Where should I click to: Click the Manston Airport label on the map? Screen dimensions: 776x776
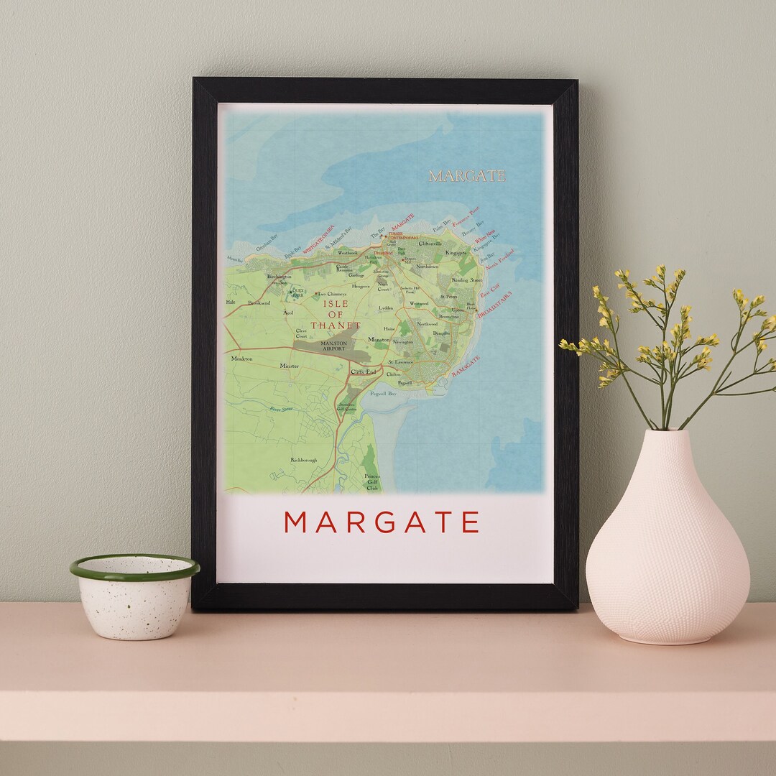click(333, 346)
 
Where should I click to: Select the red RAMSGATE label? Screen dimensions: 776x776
click(466, 366)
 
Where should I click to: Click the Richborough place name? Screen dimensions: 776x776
click(303, 460)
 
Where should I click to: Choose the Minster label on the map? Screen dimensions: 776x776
click(289, 366)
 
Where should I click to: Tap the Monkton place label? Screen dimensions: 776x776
click(242, 359)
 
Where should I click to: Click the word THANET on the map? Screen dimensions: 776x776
click(336, 325)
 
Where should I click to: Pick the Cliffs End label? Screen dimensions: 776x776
click(362, 371)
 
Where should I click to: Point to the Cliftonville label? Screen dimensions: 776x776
click(433, 244)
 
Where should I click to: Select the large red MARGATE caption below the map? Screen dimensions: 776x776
click(382, 522)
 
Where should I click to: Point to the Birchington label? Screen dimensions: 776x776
click(279, 277)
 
